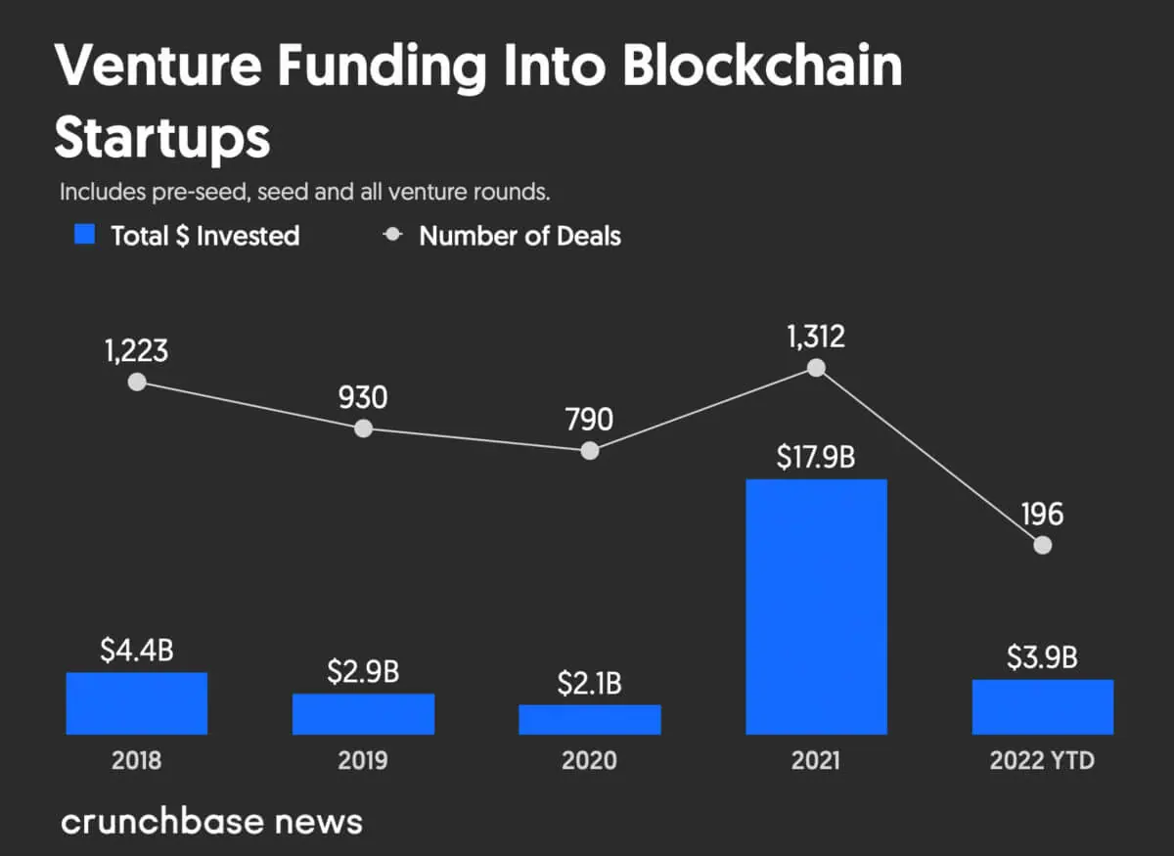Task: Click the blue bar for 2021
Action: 816,607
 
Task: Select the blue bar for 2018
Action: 137,703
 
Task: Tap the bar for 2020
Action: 590,719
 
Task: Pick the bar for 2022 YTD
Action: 1043,706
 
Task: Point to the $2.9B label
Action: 363,673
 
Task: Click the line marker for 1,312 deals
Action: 816,368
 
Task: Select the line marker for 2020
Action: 590,450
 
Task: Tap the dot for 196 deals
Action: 1043,545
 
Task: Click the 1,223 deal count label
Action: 137,350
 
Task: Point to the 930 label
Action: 363,397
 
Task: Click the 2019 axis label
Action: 363,760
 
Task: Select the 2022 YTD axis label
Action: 1043,760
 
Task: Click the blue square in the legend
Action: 86,235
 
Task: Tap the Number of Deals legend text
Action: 519,236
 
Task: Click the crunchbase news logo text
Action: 211,820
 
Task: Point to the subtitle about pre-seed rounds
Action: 304,192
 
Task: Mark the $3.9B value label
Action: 1043,657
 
